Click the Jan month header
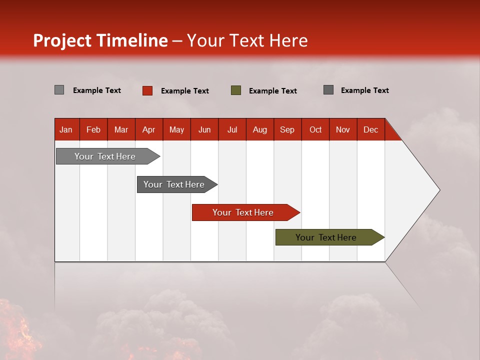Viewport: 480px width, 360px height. point(66,129)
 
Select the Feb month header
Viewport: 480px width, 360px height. point(93,129)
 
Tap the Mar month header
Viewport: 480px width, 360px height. point(121,129)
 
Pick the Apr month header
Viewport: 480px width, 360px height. point(149,129)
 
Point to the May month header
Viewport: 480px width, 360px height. point(176,129)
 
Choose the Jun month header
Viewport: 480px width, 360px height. point(204,129)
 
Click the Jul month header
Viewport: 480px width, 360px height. point(232,129)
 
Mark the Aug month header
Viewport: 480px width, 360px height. point(260,129)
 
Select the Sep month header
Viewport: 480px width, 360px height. point(287,129)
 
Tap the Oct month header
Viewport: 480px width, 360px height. point(315,129)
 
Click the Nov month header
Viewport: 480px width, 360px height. point(343,129)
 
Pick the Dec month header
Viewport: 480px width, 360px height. point(371,129)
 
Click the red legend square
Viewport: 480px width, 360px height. point(147,90)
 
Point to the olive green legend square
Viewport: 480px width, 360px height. point(236,90)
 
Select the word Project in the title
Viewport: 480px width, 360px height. point(62,40)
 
